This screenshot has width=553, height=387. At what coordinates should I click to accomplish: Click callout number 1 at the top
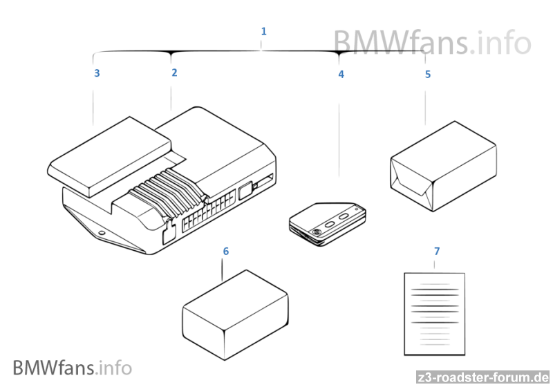coord(263,31)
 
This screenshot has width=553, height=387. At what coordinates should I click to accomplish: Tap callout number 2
coord(174,72)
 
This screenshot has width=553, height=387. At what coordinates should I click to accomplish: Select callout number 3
coord(97,73)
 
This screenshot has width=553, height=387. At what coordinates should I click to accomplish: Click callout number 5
coord(427,74)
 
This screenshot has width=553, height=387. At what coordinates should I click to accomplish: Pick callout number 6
coord(225,250)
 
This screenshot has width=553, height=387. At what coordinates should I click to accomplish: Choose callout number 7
coord(436,250)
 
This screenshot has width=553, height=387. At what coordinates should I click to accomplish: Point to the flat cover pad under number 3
coord(109,158)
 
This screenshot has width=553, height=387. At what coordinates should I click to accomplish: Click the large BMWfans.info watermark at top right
coord(432,42)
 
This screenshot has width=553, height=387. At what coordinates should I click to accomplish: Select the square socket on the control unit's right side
coord(245,190)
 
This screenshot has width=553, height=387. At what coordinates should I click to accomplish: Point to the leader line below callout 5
coord(426,104)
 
